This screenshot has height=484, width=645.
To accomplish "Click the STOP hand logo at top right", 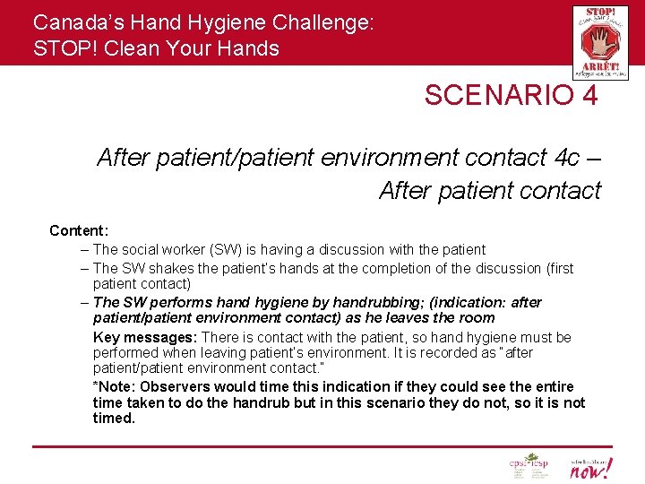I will click(x=600, y=42).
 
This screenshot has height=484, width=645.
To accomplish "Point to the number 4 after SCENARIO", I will click(x=589, y=96).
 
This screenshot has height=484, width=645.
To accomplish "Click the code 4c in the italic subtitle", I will click(x=566, y=159).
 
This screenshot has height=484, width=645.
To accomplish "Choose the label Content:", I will click(x=79, y=230).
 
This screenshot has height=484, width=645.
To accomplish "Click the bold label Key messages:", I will click(x=145, y=337).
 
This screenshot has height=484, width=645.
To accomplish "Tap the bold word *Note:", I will click(x=113, y=386).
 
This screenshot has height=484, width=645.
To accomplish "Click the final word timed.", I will click(x=114, y=418).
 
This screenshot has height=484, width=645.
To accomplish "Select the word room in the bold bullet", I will click(x=477, y=317).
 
